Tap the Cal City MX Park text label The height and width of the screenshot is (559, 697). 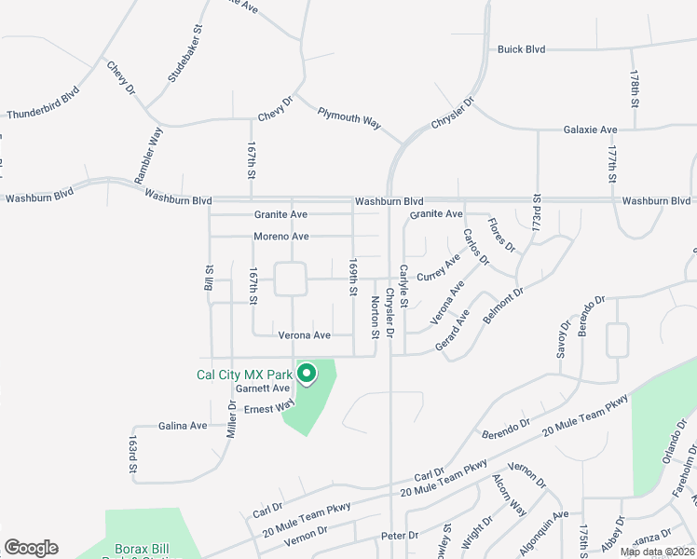click(244, 375)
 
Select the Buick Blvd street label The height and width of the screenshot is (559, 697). click(521, 49)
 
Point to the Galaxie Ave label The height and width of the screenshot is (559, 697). click(591, 130)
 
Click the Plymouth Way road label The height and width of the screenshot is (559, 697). click(349, 117)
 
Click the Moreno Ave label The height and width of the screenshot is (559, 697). click(280, 237)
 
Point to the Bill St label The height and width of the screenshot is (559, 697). click(209, 277)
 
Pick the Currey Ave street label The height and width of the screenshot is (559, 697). click(438, 269)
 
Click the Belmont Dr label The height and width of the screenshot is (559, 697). click(503, 305)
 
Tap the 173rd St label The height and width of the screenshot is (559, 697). click(536, 214)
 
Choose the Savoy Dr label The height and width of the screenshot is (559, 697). click(564, 339)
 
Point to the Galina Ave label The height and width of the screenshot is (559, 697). click(183, 426)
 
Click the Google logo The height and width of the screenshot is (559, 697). click(31, 548)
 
